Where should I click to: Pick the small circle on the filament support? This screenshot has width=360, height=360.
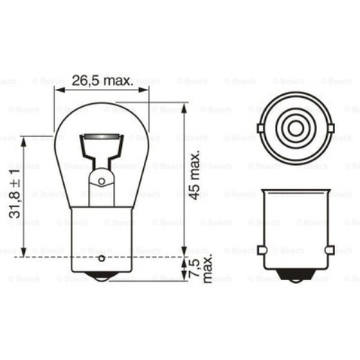pyautogui.click(x=101, y=181)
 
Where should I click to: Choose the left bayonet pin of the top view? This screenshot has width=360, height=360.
pyautogui.click(x=261, y=128)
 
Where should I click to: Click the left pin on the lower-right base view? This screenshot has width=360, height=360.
pyautogui.click(x=261, y=249)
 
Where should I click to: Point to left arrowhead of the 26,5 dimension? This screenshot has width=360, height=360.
pyautogui.click(x=57, y=89)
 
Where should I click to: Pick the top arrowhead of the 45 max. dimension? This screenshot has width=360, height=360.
pyautogui.click(x=184, y=106)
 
